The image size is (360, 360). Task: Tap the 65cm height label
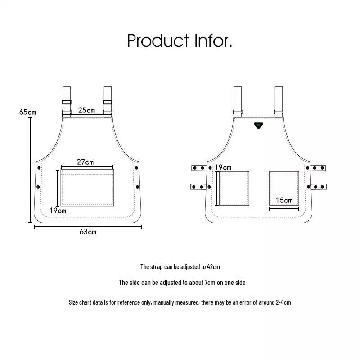point(27,112)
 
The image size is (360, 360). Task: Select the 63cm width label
point(88,232)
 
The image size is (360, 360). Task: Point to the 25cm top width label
point(86,110)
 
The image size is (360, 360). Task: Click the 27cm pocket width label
point(85,162)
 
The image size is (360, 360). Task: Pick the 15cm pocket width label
point(284,200)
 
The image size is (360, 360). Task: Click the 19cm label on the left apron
point(58,211)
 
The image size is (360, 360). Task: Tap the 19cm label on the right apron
point(223,167)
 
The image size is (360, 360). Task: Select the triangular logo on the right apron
point(258,126)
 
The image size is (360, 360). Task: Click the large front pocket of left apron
point(87,187)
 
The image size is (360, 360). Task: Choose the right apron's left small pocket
point(234,188)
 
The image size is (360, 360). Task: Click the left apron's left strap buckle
point(67,102)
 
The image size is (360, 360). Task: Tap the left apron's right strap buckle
point(108,102)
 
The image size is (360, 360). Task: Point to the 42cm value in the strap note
point(213,267)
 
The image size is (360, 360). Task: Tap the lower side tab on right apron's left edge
point(198,187)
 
